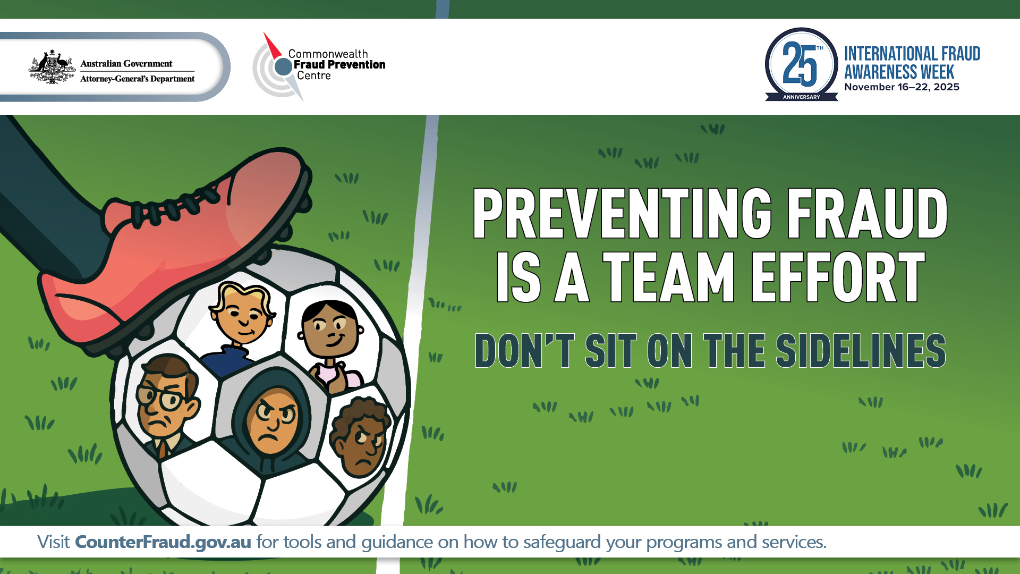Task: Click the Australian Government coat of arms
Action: pos(52,67)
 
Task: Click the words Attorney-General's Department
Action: pos(137,79)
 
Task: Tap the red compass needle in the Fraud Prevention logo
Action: pos(272,45)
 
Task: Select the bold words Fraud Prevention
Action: pos(339,65)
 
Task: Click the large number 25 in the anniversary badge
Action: pos(800,65)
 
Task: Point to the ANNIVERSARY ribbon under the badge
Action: pos(801,97)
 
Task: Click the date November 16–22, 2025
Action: pos(902,87)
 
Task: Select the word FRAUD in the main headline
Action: pos(867,214)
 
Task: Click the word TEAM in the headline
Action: pos(668,277)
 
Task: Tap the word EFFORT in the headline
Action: pos(838,277)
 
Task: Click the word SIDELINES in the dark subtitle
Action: pos(861,351)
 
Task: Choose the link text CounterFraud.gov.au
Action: pos(163,542)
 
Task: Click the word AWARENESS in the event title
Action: pos(899,72)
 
